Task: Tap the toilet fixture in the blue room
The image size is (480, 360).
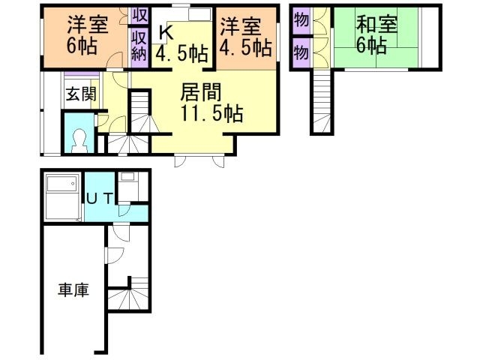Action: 79,139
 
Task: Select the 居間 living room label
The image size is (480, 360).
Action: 200,92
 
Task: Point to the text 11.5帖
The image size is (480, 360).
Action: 211,114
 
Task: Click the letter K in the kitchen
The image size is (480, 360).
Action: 166,33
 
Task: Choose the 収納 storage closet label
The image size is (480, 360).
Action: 139,45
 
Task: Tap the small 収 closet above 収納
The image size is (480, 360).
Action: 139,15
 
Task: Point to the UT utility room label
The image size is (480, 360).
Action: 99,199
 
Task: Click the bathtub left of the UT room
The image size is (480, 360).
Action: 61,196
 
